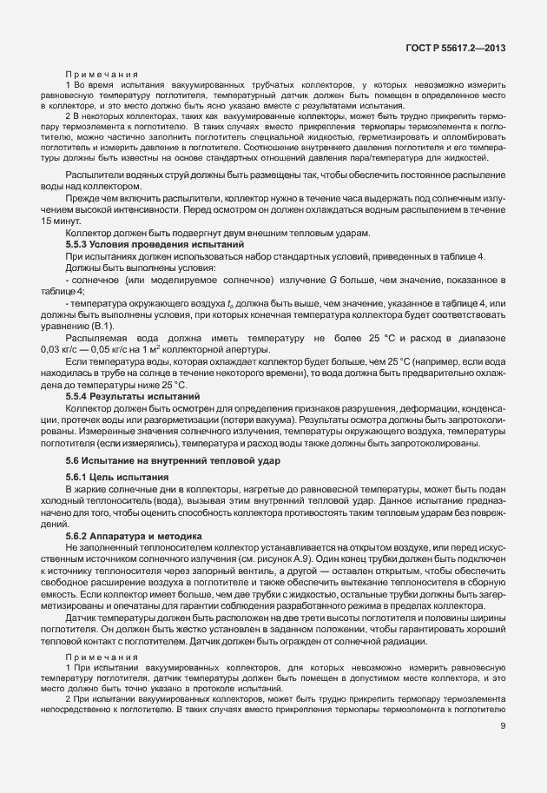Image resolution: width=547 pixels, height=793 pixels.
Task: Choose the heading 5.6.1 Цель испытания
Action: (x=115, y=478)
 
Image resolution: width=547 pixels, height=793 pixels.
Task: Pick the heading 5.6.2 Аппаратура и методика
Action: (x=134, y=536)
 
